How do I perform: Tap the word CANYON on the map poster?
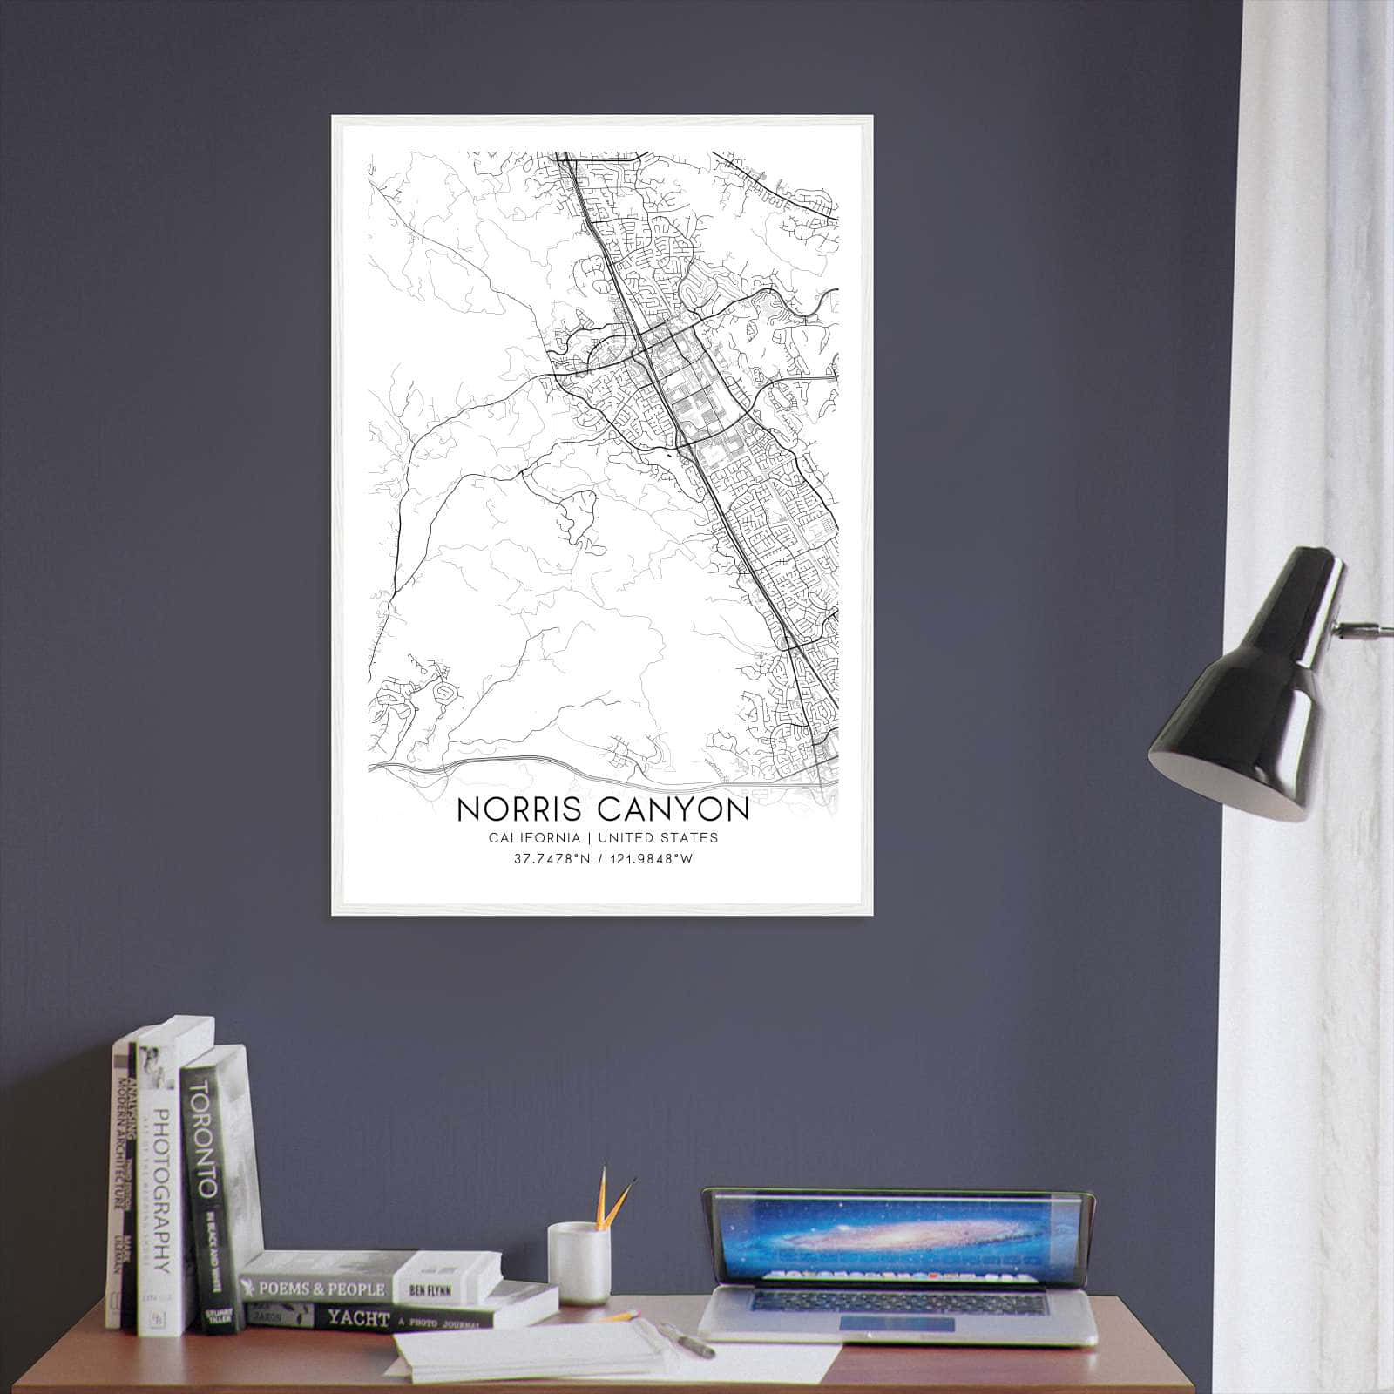tap(673, 809)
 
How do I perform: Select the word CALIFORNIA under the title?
tap(534, 838)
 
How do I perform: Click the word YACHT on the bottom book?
tap(359, 1318)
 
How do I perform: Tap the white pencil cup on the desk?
tap(577, 1263)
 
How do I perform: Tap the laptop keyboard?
tap(897, 1304)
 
